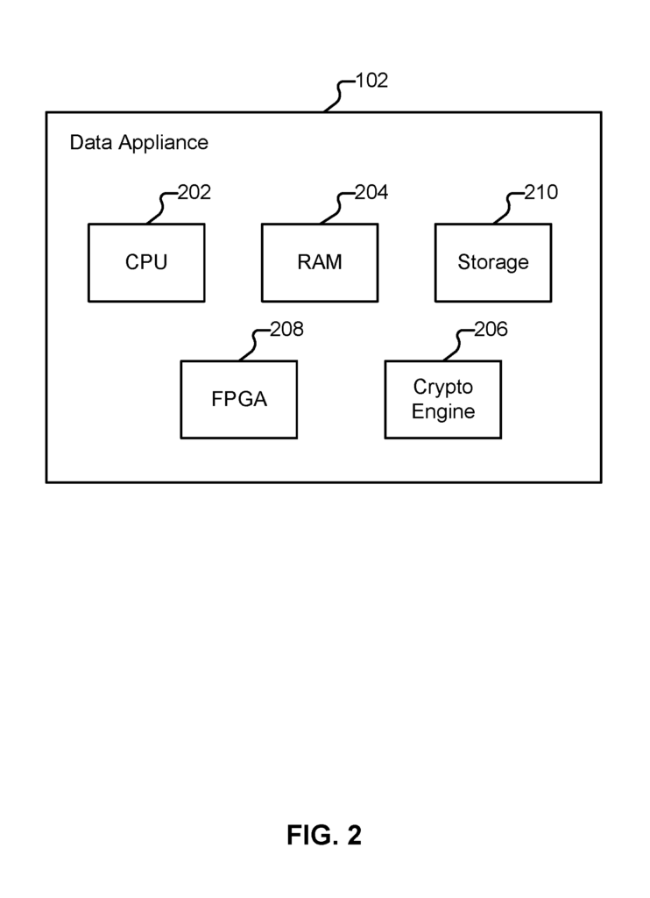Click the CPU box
pos(146,263)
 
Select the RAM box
pos(320,263)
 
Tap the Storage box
pos(493,263)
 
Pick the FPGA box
pos(239,400)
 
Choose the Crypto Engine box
pos(443,400)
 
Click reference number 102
pos(372,80)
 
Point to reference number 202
pos(194,192)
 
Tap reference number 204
pos(371,192)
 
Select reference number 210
pos(541,192)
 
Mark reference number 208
pos(286,330)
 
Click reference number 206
pos(491,330)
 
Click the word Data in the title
pos(90,142)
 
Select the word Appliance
pos(163,143)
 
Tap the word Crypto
pos(443,388)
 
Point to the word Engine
pos(443,412)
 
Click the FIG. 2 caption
pos(324,835)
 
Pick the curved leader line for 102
pos(338,95)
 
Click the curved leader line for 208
pos(253,345)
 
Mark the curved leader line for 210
pos(507,208)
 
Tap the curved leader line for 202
pos(161,208)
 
